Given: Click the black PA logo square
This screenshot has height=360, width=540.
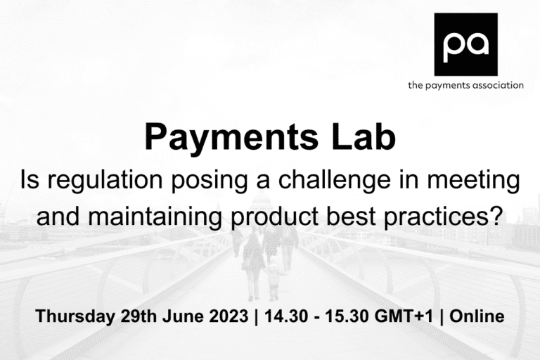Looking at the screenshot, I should pyautogui.click(x=465, y=44).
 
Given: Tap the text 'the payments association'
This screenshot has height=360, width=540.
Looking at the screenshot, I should pyautogui.click(x=465, y=85).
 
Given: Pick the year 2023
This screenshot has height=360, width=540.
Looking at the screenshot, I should pyautogui.click(x=224, y=316).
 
